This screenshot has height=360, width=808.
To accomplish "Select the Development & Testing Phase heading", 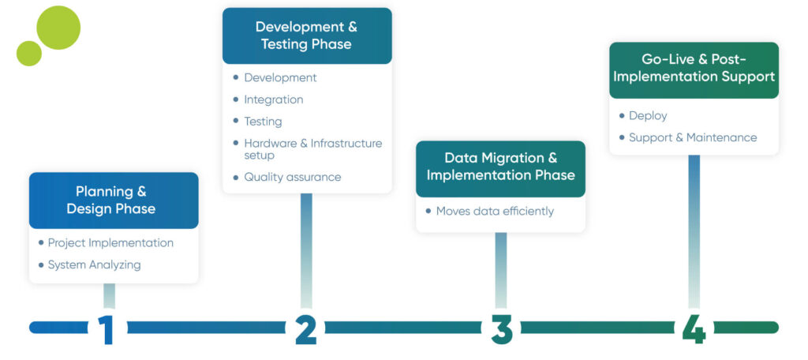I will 306,36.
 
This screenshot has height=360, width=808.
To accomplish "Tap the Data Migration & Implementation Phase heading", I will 500,167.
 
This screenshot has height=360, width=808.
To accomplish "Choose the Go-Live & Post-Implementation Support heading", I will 694,68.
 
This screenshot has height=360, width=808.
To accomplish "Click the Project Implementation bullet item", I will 110,242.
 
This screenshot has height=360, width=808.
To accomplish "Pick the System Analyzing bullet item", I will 94,264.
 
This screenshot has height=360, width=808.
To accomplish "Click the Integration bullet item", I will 273,99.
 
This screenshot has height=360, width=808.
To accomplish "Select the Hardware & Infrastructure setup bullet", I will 312,148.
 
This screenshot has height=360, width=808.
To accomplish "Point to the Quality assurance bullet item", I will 292,177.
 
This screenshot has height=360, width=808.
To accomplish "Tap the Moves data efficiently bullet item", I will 495,211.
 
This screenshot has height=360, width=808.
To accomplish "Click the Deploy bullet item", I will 648,115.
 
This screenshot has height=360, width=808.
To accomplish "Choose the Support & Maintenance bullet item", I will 692,137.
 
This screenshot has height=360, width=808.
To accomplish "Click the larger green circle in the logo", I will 58,28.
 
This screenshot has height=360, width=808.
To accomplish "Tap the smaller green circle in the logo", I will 29,53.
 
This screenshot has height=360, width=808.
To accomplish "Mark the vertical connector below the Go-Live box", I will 694,229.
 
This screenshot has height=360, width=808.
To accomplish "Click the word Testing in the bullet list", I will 263,122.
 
